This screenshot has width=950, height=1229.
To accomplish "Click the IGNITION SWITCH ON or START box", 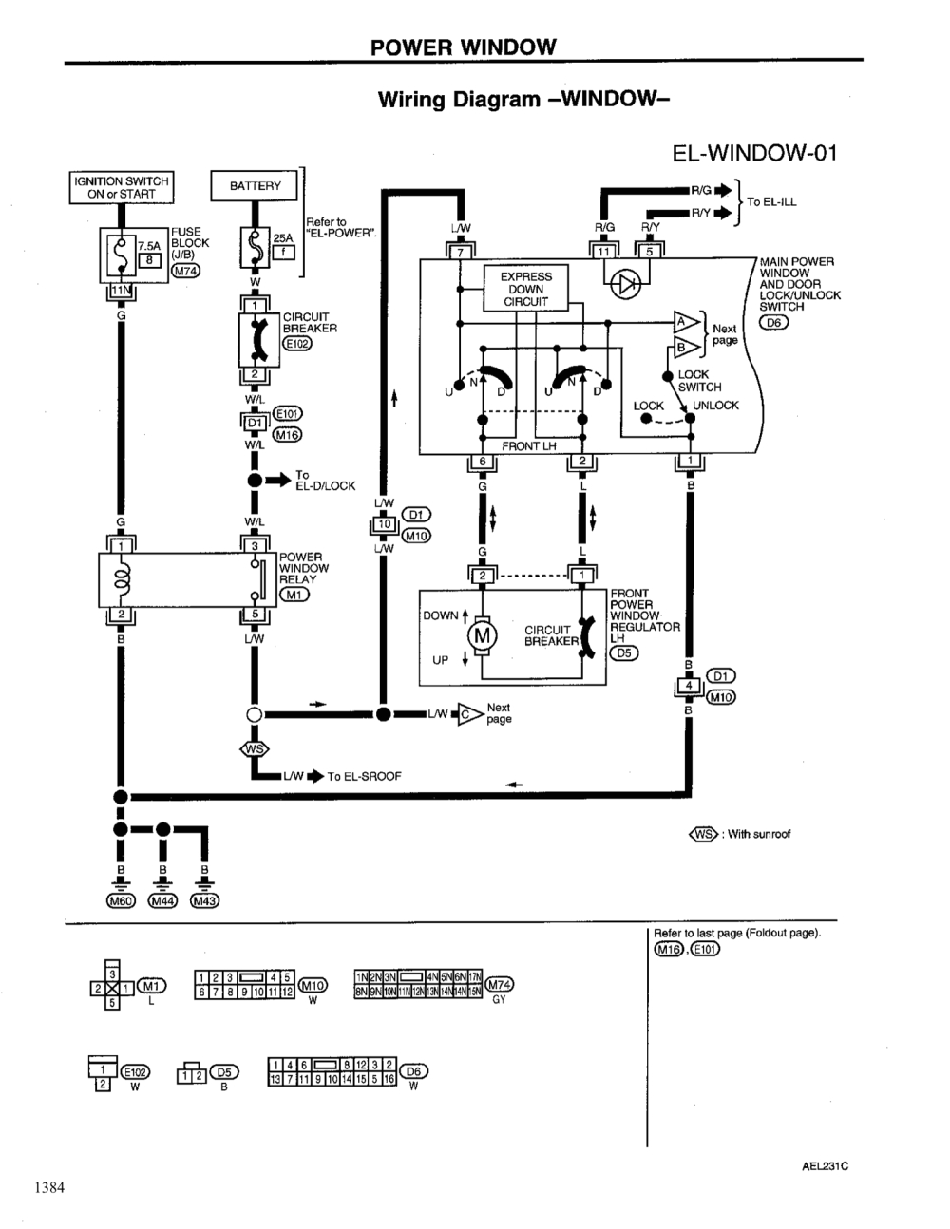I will (121, 187).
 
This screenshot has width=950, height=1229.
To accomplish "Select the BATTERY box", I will (255, 186).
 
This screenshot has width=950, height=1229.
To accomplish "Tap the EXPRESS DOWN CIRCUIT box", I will (525, 290).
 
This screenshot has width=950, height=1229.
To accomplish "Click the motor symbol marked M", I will (483, 635).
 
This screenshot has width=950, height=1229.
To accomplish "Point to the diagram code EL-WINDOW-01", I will (753, 154).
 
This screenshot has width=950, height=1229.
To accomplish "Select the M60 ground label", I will (121, 900).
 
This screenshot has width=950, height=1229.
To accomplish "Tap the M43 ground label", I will (205, 900).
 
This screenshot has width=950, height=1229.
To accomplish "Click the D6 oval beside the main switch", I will (773, 322).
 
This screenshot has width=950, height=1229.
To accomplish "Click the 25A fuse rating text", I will (283, 238).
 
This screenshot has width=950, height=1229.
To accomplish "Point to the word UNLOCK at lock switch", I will (715, 406).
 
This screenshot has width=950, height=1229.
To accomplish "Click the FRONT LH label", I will (529, 445).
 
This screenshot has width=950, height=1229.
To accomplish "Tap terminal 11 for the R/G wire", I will (604, 252).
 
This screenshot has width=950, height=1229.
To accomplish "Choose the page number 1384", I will (48, 1186).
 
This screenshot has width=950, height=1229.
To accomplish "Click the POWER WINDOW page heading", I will (463, 47).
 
